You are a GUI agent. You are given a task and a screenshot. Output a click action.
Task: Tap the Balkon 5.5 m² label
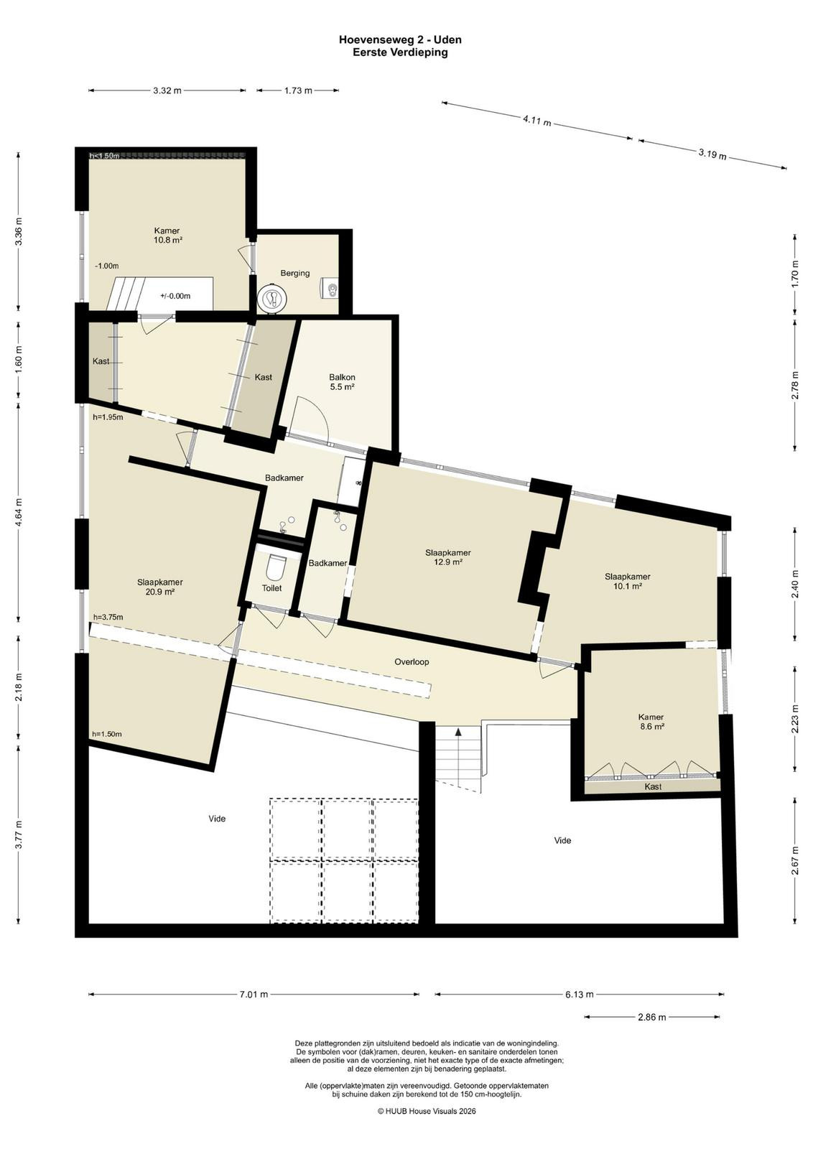pos(342,382)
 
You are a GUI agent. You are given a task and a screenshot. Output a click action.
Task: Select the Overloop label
pos(412,661)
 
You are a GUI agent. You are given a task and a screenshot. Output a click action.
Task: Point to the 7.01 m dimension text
pos(254,994)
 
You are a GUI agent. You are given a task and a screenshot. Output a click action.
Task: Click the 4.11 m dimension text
pos(537,121)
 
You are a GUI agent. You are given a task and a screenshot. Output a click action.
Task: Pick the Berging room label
pos(295,273)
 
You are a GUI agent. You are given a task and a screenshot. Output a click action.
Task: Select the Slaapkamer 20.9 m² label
pos(160,587)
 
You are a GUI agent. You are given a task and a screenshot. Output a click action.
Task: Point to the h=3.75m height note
pos(108,617)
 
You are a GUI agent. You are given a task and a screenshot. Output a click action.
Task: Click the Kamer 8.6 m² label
pos(651,722)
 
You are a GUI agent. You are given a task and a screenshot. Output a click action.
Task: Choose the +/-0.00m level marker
pos(175,296)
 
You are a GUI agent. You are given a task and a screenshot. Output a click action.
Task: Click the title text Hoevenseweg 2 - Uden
pos(400,39)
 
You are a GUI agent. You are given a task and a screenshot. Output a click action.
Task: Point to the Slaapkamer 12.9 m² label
pos(447,557)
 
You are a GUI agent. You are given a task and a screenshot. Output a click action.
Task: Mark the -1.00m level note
pos(107,266)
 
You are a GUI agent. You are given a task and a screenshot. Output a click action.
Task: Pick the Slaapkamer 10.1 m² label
pos(627,581)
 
